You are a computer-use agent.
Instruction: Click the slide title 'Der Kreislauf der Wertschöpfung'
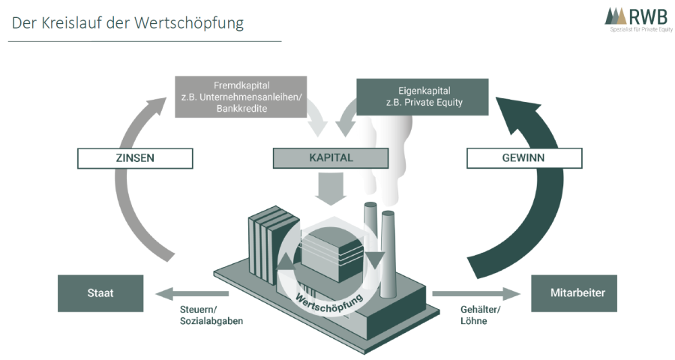127,22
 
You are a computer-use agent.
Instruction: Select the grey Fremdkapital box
240,96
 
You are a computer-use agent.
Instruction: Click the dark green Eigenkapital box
421,97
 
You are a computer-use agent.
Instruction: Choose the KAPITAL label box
331,158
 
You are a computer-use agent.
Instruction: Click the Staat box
100,293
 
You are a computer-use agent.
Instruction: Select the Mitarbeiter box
574,293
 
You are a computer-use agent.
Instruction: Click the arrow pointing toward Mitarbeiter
477,293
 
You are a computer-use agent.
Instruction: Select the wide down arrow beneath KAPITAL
331,188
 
